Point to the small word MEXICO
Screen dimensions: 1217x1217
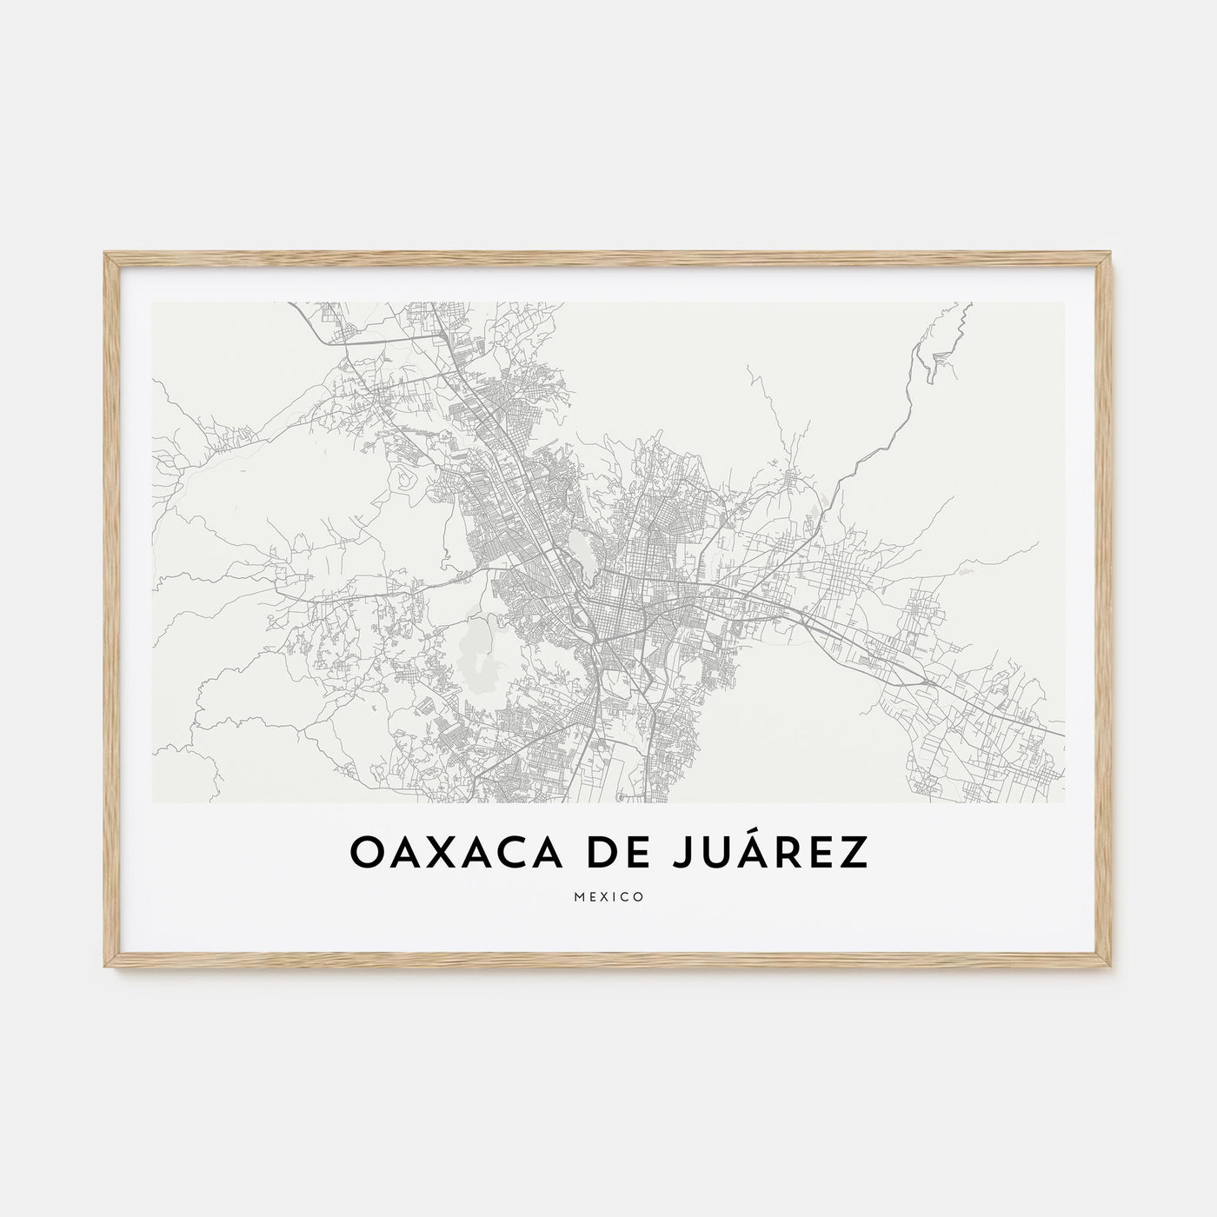point(608,897)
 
